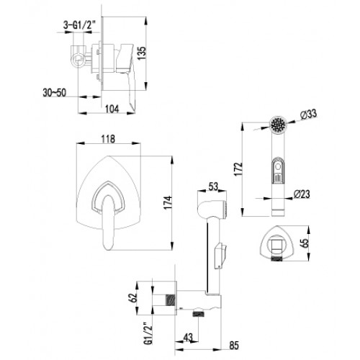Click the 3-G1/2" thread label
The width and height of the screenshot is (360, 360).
point(79,24)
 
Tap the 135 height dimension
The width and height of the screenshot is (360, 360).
point(141,53)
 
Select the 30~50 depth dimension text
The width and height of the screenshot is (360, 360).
point(55,93)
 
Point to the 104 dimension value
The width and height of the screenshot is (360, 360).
point(112,109)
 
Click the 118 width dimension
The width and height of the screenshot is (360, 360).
point(108,139)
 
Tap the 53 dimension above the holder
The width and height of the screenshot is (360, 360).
point(212,186)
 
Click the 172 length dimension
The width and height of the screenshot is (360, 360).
point(239,169)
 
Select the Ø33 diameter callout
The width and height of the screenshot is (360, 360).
point(308,114)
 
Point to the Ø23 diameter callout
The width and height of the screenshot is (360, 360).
point(302,194)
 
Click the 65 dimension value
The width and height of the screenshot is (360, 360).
point(305,243)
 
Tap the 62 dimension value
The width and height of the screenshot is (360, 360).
point(133,297)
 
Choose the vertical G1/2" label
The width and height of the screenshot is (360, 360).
point(149,333)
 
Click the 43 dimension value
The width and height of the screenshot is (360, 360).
point(188,338)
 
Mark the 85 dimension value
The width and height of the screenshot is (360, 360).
point(234,346)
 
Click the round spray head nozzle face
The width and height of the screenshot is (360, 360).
point(278,124)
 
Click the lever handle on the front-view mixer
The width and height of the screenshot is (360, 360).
point(108,222)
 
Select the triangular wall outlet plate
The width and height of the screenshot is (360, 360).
point(277,242)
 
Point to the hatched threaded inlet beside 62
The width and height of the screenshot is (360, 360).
point(170,300)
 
